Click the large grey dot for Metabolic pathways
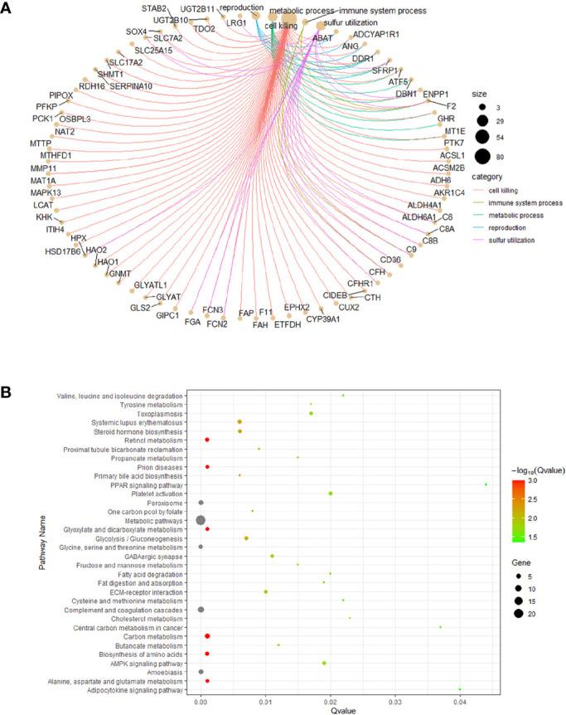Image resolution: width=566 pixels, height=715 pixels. (x=201, y=520)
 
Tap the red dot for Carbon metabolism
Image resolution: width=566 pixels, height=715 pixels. (x=207, y=636)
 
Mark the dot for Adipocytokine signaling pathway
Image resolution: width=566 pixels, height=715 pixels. (x=460, y=688)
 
